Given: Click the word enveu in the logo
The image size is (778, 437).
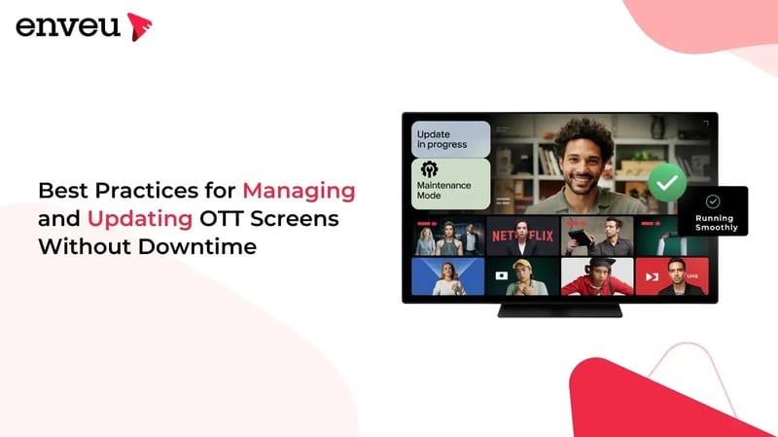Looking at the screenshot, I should pos(67,26).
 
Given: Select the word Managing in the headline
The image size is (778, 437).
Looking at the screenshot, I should pos(299,190).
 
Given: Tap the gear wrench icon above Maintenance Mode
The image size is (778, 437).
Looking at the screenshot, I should pos(429,168).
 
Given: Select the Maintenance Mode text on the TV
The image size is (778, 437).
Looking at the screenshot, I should pos(443,190).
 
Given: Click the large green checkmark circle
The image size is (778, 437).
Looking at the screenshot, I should pos(667,182).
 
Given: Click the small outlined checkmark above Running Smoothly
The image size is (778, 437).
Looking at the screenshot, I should pos(713,200).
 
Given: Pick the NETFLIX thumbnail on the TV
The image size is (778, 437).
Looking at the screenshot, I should pos(523,236).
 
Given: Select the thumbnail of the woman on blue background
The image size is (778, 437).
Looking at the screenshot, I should pos(448,276).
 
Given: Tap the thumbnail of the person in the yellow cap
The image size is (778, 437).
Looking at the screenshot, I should pos(523,275).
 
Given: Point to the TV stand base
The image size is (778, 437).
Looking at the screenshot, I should pos(559,310).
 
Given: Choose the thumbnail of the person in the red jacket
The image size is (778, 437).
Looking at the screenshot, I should pos(597,276).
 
